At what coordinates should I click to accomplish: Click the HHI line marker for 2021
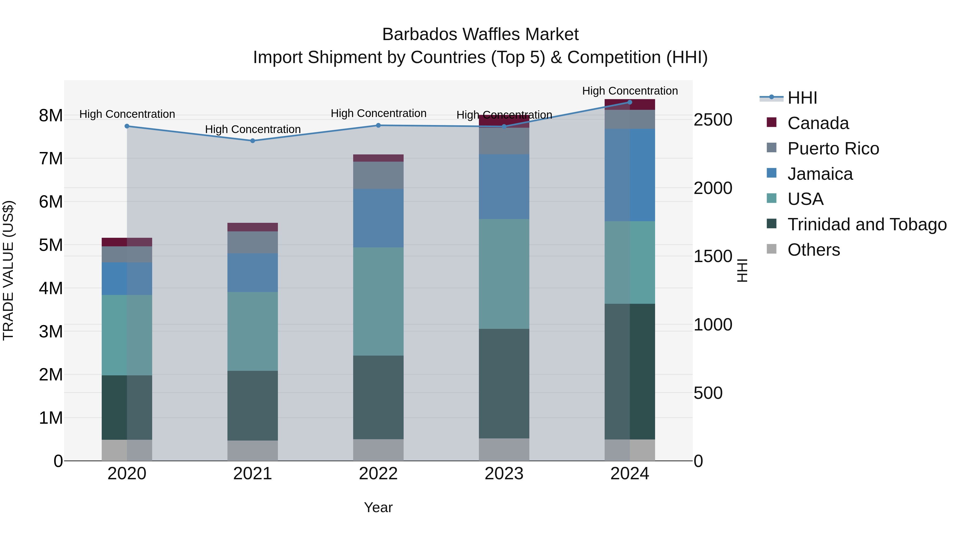point(253,141)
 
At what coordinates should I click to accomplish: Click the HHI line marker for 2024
point(630,102)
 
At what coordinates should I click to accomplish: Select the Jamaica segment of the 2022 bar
point(378,218)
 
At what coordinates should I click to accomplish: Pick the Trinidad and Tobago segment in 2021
point(253,406)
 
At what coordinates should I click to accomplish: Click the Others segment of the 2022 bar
point(378,450)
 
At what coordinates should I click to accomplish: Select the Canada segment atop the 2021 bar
point(253,227)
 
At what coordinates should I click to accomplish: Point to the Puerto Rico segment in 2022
point(378,175)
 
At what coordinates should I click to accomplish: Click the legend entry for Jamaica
point(820,174)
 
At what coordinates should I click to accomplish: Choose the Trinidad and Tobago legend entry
point(867,224)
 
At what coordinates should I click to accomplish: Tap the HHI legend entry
point(802,98)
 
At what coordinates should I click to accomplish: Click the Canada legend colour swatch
point(771,122)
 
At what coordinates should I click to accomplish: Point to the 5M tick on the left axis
point(51,245)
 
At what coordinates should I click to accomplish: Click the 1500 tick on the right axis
point(712,256)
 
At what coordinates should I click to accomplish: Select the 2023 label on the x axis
point(504,474)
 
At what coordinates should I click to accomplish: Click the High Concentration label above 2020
point(127,114)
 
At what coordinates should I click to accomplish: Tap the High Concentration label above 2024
point(630,91)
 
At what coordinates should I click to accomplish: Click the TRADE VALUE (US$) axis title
point(8,270)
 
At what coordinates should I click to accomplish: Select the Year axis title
point(378,507)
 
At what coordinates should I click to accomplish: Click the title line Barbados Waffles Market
point(480,34)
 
